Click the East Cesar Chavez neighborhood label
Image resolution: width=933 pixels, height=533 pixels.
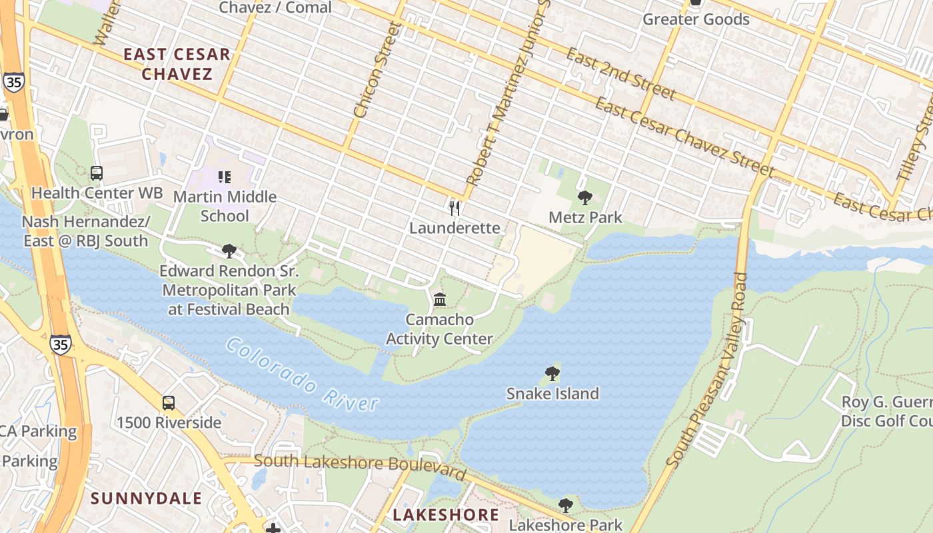tap(177, 64)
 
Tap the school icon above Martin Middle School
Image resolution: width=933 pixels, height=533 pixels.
tap(225, 177)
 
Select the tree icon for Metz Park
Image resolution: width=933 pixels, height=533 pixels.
tap(584, 198)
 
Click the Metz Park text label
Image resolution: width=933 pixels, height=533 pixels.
tap(584, 217)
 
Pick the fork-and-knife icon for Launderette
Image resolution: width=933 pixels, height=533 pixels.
tap(455, 208)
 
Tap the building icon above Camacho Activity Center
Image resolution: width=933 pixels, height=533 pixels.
tap(440, 300)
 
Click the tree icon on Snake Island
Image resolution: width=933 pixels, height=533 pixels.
tap(552, 374)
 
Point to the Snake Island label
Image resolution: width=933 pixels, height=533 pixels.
tap(552, 393)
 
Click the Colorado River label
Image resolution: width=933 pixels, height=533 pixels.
tap(302, 374)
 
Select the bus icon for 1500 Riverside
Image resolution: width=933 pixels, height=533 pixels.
tap(169, 403)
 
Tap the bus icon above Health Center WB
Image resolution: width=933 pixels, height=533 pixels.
tap(97, 173)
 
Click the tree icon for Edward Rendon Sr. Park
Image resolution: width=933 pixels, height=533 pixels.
tap(229, 251)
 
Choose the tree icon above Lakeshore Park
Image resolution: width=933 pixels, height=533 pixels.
tap(565, 506)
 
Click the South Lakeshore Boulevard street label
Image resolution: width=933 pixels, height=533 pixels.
tap(360, 466)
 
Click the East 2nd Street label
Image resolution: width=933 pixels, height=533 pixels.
tap(620, 74)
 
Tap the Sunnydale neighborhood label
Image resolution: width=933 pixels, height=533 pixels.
tap(146, 498)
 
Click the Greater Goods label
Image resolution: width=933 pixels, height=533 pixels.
tap(696, 19)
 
